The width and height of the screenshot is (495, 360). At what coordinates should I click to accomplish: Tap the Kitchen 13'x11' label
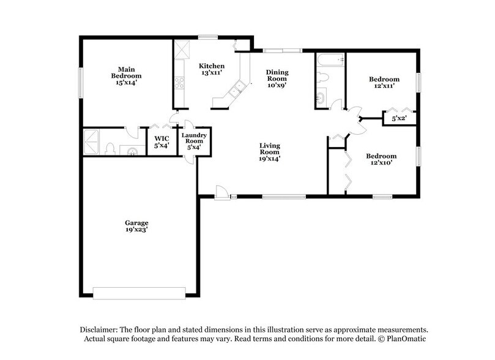pos(212,69)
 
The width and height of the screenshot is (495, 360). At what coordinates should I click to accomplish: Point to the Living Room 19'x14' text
pos(269,152)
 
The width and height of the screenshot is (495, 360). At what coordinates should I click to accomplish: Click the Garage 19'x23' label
pos(137,226)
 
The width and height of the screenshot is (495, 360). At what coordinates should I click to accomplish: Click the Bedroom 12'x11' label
pos(384,83)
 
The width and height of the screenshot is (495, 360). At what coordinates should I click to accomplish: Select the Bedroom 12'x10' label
pos(381,159)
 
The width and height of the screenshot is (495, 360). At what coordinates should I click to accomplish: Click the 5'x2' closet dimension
pos(399,118)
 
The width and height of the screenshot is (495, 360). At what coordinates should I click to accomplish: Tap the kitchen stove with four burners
pos(179,81)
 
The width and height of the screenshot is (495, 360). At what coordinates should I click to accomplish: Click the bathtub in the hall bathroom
pos(330,61)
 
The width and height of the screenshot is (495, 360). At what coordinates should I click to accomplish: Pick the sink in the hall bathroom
pos(321,98)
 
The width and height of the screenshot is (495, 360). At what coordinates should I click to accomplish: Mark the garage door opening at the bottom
pos(138,292)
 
